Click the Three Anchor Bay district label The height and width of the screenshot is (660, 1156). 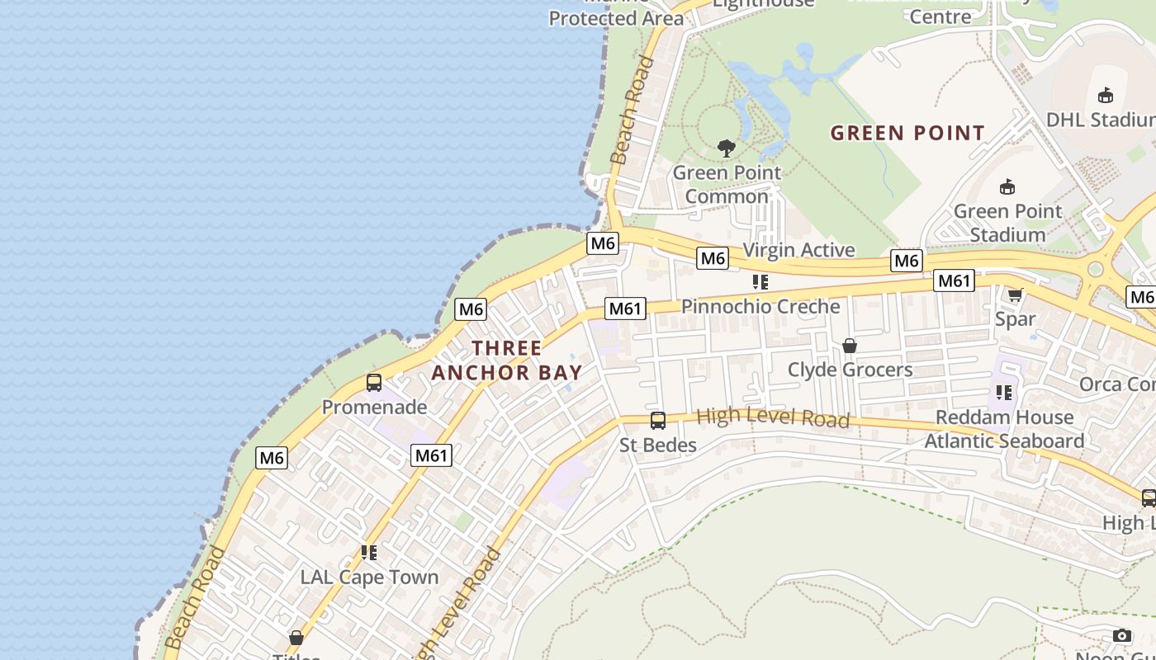[x=506, y=360]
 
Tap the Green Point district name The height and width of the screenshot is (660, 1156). [x=907, y=133]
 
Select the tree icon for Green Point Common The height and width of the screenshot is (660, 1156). [x=727, y=148]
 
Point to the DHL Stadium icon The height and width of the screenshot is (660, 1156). [x=1106, y=96]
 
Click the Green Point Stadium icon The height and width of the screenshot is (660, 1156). [x=1007, y=186]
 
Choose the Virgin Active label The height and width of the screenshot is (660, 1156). [x=799, y=250]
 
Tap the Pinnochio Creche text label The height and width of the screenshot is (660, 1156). [x=760, y=306]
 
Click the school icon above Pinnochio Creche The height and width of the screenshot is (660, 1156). [x=760, y=282]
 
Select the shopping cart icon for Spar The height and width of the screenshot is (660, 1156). [x=1015, y=295]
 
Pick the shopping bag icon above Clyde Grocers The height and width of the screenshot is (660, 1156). [x=850, y=346]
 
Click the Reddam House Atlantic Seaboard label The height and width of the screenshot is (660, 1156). [x=1004, y=429]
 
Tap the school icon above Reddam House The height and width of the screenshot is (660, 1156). [x=1004, y=392]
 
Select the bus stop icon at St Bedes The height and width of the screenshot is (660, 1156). [x=658, y=421]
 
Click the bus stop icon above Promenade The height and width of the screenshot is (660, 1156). [x=374, y=383]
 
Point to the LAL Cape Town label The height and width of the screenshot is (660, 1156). [x=369, y=577]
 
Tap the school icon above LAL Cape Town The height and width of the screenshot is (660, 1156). [x=369, y=552]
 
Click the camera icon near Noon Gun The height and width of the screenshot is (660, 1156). [x=1121, y=635]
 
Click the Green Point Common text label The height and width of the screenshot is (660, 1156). [x=727, y=184]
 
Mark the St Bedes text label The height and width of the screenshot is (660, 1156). [x=658, y=445]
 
